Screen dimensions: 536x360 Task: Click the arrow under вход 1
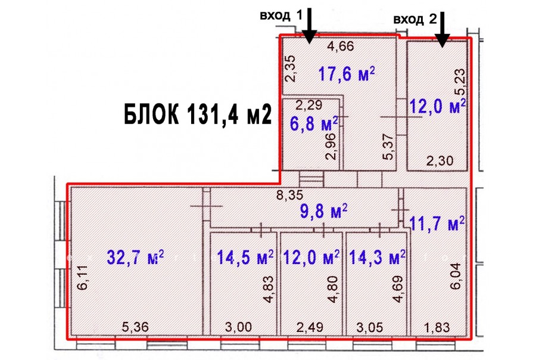[x=309, y=26]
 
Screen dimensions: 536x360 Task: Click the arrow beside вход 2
[x=442, y=29]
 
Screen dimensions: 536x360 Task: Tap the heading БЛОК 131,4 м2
[x=198, y=114]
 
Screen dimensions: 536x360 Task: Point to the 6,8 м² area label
[x=314, y=123]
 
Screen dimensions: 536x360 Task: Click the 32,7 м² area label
[x=135, y=257]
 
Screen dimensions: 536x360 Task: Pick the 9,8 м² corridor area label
[x=324, y=211]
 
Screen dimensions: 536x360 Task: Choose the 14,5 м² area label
[x=245, y=257]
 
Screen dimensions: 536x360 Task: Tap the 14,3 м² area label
[x=377, y=257]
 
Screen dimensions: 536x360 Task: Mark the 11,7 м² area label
[x=437, y=224]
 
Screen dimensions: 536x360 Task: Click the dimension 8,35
[x=290, y=195]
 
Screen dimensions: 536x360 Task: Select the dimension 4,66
[x=341, y=46]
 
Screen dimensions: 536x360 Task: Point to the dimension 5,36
[x=135, y=327]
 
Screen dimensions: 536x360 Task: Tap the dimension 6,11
[x=82, y=278]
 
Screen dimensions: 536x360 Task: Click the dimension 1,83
[x=437, y=327]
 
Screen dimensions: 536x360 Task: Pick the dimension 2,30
[x=440, y=160]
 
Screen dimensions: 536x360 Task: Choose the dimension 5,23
[x=460, y=82]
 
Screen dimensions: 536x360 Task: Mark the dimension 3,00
[x=239, y=327]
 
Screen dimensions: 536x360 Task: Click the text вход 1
[x=281, y=15]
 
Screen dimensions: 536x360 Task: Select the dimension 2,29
[x=308, y=105]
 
